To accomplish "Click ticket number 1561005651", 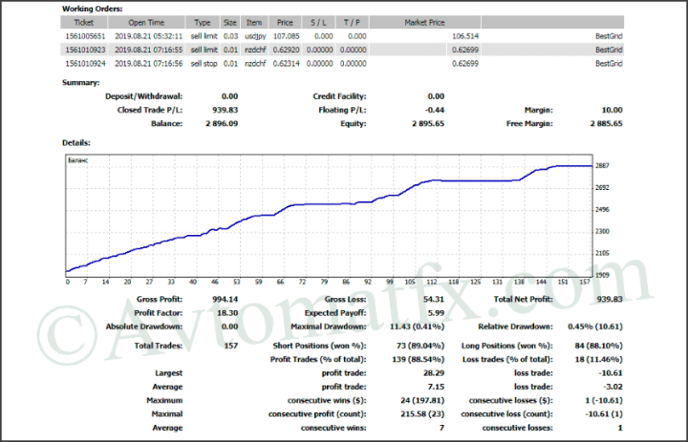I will pos(85,35).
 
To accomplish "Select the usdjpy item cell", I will pos(254,35).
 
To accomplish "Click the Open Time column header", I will pos(146,21).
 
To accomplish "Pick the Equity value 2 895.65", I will pos(425,123).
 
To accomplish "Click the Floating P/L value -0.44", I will pos(435,110).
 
